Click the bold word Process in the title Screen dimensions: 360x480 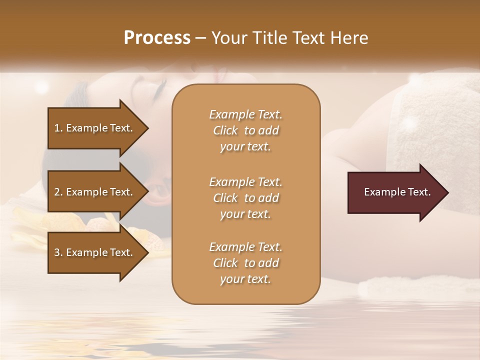[157, 38]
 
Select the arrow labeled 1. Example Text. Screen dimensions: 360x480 [95, 128]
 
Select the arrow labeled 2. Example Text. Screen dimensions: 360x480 [95, 192]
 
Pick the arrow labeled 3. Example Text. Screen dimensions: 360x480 [95, 252]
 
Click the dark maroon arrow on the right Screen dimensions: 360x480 [395, 192]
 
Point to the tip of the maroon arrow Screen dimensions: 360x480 [447, 192]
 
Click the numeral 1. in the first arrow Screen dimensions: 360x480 [58, 128]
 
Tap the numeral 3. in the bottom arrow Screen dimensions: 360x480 [58, 252]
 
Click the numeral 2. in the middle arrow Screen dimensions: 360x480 [58, 192]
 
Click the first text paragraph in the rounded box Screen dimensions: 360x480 [245, 130]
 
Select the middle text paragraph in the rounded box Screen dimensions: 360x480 [245, 198]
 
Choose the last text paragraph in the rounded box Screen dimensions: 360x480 [245, 263]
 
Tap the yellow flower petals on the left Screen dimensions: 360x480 [30, 225]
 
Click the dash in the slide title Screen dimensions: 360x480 [200, 38]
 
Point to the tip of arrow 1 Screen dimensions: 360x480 [147, 128]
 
